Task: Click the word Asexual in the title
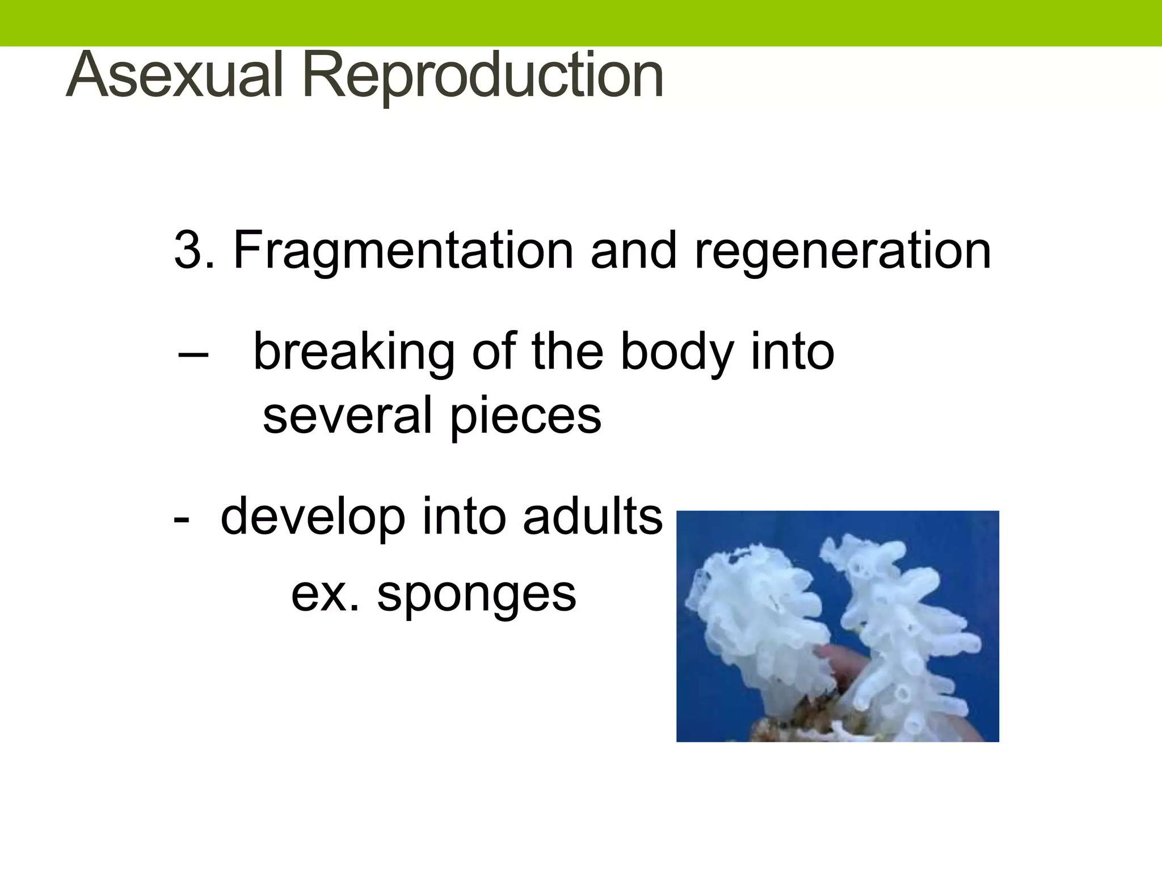pyautogui.click(x=174, y=76)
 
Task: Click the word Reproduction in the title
pyautogui.click(x=483, y=76)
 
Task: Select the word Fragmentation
pyautogui.click(x=403, y=250)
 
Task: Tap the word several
pyautogui.click(x=348, y=416)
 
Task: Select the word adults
pyautogui.click(x=592, y=516)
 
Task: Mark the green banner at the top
pyautogui.click(x=581, y=23)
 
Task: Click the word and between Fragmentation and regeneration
pyautogui.click(x=634, y=250)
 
